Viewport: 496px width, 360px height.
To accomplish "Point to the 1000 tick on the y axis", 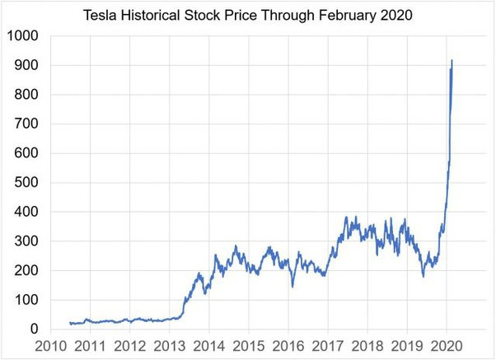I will [x=23, y=36].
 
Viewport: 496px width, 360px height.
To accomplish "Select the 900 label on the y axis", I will [x=26, y=66].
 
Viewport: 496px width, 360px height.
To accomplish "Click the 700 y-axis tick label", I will [x=26, y=124].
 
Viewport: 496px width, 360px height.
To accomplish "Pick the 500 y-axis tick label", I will [x=26, y=183].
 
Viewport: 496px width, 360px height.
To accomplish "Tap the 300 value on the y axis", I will [x=26, y=241].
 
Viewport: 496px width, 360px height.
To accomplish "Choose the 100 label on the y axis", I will [x=26, y=300].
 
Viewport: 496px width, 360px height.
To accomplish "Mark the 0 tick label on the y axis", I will [x=34, y=330].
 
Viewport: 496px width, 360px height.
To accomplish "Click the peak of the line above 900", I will [x=452, y=60].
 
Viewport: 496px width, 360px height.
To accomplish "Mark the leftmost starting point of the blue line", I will [x=70, y=323].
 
